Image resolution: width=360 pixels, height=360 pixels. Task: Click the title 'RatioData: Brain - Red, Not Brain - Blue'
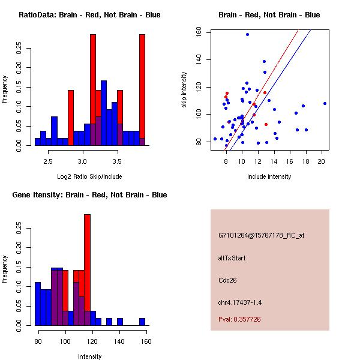click(89, 15)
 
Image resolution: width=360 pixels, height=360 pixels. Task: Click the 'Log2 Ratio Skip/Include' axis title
click(89, 176)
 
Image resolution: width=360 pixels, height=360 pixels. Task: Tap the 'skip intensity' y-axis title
click(185, 90)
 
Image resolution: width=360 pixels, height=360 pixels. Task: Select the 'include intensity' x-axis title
click(269, 176)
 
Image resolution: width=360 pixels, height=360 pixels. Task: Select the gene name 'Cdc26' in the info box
click(227, 280)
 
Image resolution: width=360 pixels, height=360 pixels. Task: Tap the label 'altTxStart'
click(232, 258)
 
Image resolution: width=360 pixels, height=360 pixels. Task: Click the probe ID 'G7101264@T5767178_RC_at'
click(261, 236)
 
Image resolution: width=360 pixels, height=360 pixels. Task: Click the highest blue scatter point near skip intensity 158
click(247, 34)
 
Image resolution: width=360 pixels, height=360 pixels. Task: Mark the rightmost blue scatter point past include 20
click(325, 103)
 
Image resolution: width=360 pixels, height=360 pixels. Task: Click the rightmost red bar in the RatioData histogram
click(142, 84)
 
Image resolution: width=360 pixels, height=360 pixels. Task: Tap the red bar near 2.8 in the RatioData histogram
click(71, 117)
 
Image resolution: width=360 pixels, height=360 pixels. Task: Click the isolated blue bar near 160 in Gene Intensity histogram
click(142, 322)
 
